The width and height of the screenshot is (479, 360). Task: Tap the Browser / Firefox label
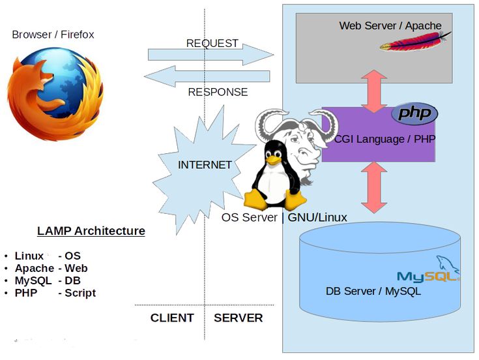click(53, 35)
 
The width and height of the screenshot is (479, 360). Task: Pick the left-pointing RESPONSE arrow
click(207, 76)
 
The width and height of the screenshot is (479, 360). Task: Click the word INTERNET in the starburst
click(205, 165)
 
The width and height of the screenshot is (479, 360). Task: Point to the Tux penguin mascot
click(274, 175)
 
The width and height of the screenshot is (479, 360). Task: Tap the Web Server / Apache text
click(390, 26)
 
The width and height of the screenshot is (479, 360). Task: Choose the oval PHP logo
click(414, 113)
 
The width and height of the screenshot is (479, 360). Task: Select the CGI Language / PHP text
click(385, 139)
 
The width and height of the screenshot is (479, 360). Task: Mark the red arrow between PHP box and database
click(375, 187)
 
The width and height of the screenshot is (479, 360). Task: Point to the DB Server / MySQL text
click(373, 291)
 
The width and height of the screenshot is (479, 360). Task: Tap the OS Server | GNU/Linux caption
click(284, 217)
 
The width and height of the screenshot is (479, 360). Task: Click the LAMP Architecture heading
click(91, 231)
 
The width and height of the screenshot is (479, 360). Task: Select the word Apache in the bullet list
click(35, 268)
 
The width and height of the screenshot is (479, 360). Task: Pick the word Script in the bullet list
click(80, 293)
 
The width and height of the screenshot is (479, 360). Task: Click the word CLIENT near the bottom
click(172, 318)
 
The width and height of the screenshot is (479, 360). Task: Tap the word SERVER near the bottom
click(239, 318)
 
